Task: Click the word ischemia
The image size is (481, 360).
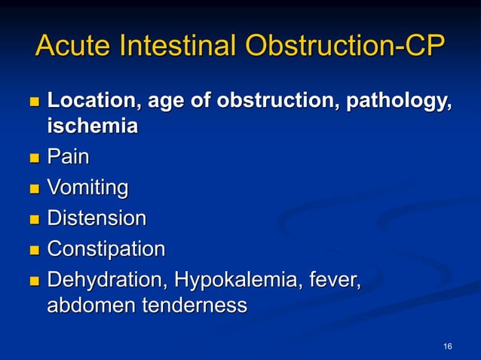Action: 92,126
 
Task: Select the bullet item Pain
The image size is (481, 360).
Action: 68,157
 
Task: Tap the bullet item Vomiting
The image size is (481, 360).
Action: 87,188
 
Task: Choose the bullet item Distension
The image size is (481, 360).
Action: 97,218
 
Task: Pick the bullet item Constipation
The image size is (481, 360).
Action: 106,249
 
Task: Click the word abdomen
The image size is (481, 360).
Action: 90,306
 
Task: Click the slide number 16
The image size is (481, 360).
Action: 448,346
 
